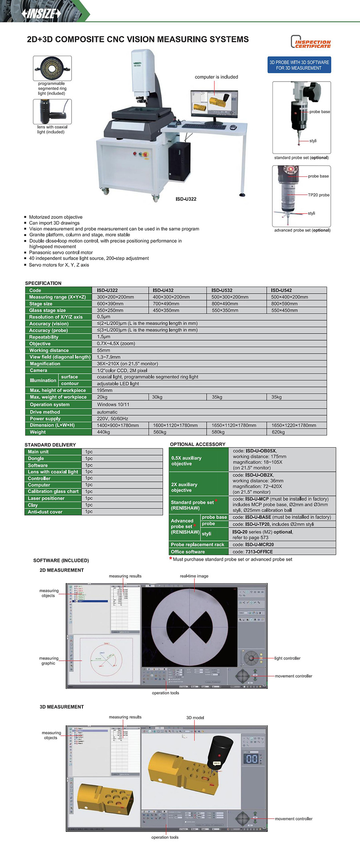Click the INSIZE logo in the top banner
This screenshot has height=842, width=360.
click(42, 14)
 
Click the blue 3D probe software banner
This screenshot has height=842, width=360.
click(299, 65)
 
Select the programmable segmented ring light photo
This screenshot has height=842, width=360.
click(52, 68)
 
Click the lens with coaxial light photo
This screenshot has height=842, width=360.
click(52, 112)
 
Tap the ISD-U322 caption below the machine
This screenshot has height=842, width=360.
click(186, 199)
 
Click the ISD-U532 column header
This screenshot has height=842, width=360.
click(222, 290)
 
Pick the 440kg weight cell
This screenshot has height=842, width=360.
click(104, 432)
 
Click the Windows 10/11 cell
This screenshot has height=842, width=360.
click(113, 404)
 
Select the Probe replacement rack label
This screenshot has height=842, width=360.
click(198, 544)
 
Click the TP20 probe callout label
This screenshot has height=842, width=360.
click(319, 195)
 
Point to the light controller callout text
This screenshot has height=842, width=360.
click(287, 658)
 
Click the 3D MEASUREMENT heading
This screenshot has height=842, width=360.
click(62, 707)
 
